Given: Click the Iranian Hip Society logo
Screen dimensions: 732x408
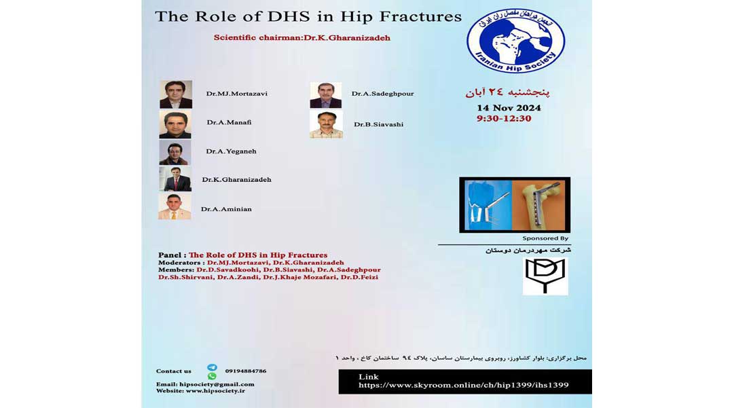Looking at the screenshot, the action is coord(515,41).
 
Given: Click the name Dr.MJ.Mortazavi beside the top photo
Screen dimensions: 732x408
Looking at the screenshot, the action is coord(237,94).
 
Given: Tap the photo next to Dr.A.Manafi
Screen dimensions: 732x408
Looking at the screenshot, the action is coord(175,125).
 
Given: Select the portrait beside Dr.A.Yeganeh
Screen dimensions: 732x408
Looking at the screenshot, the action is coord(175,153).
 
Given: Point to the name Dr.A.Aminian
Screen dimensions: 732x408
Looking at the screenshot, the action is coord(226,209).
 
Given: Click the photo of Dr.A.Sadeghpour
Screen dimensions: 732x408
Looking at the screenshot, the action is coord(326,95).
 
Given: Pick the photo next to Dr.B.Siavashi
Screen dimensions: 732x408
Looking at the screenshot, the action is coord(326,125).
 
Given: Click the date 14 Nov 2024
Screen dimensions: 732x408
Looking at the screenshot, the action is coord(509,108).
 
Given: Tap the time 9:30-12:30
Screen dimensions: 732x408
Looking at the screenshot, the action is coord(504,119).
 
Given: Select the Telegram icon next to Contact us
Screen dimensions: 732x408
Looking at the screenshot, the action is coord(212,368).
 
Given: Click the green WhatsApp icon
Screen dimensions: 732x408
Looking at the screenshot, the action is coord(212,376).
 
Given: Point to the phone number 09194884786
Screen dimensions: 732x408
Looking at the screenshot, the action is coord(246,371).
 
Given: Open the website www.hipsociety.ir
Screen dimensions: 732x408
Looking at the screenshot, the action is coord(215,391).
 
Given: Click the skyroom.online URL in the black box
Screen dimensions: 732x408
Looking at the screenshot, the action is coord(464,385).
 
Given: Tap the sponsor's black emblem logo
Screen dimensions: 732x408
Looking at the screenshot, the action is coord(545,276).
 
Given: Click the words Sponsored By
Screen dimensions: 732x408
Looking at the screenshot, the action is coord(545,238).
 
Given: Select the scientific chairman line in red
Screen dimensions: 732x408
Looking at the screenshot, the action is coord(302,38).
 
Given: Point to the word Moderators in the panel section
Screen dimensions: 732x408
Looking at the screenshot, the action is coord(179,263).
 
